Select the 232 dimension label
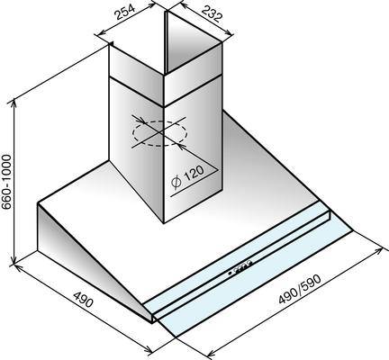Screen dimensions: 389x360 click(212, 14)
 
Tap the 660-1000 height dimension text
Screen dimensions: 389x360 click(6, 182)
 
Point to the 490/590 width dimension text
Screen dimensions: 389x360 click(300, 289)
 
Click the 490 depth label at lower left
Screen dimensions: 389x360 click(84, 299)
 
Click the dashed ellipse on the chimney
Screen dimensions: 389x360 click(160, 133)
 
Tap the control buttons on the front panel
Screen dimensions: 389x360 click(240, 267)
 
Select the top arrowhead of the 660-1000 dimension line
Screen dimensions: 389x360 click(14, 103)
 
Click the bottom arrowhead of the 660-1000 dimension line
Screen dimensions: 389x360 click(14, 261)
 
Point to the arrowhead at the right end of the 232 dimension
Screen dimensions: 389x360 click(229, 33)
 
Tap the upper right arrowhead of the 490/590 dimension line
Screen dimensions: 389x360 click(379, 250)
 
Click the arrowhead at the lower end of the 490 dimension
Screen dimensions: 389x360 click(149, 349)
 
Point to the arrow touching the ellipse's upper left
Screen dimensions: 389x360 click(139, 120)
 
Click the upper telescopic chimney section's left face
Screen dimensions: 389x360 click(136, 75)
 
